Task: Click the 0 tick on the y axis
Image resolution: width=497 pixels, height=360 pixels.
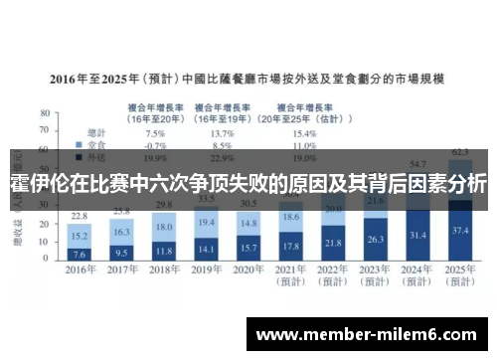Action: (48, 260)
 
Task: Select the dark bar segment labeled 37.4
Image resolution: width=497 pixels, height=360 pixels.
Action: (459, 230)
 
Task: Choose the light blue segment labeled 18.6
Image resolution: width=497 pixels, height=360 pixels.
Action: (290, 217)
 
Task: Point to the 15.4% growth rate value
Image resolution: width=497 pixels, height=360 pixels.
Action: (304, 132)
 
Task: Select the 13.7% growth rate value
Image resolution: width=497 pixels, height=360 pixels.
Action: (223, 132)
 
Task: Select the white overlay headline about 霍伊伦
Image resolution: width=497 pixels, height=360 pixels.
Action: (248, 184)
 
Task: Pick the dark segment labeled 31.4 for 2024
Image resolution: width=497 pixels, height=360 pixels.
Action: (417, 235)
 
